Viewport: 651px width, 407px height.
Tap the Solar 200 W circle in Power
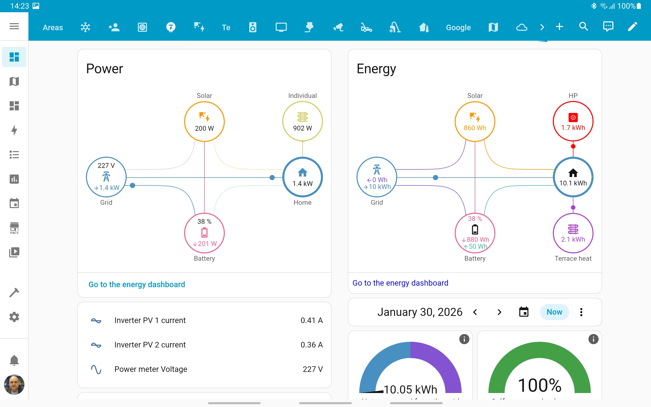204,122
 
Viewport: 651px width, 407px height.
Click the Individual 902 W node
302,122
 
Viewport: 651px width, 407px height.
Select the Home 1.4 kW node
302,177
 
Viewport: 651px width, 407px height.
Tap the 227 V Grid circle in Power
106,177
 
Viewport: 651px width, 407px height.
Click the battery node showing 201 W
204,233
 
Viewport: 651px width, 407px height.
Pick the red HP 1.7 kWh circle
573,122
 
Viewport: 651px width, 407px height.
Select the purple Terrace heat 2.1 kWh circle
573,233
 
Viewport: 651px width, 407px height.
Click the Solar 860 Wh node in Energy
475,122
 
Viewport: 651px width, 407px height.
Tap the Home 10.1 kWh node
573,177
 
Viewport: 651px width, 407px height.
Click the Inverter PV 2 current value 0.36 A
311,345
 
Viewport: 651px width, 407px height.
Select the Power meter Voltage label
151,369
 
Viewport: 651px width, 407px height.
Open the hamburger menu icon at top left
14,26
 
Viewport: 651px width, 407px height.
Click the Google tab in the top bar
458,27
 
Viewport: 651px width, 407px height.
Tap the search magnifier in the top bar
583,27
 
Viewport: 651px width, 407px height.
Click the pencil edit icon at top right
632,27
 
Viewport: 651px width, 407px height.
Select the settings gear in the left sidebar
14,317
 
